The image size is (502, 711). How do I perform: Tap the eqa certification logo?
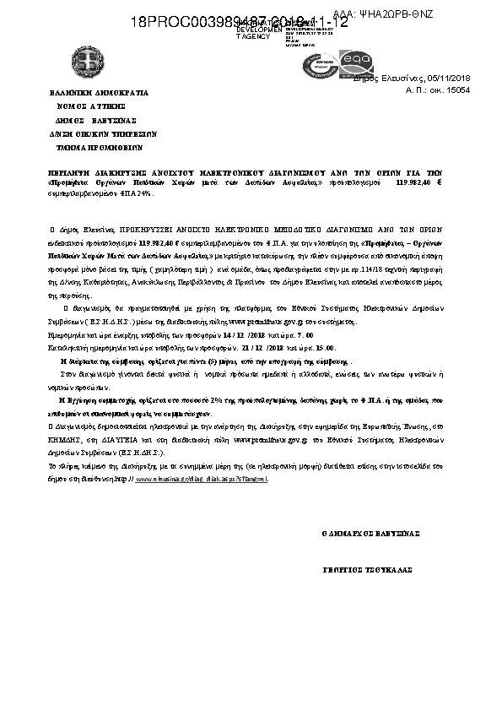click(355, 62)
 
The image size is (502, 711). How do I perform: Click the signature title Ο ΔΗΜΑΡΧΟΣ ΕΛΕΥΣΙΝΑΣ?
click(371, 534)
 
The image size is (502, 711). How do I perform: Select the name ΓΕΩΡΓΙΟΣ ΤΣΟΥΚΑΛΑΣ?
click(367, 570)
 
